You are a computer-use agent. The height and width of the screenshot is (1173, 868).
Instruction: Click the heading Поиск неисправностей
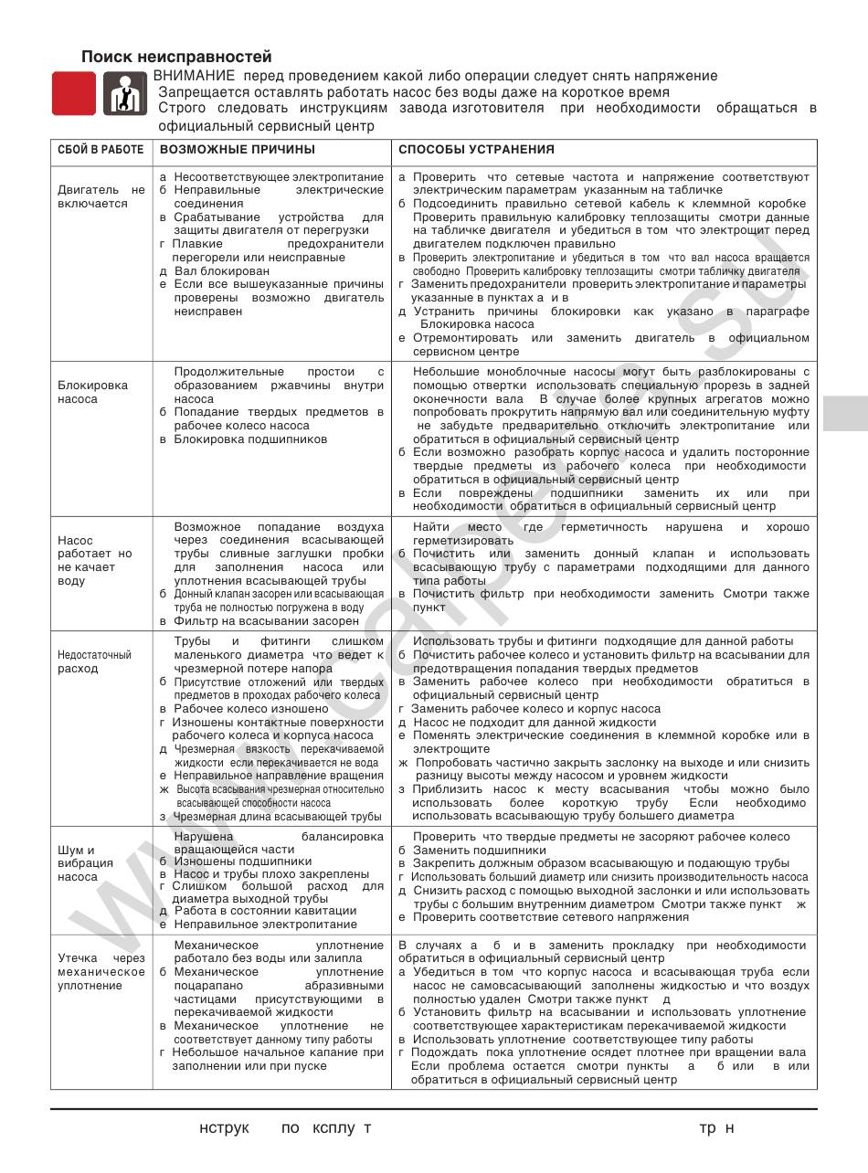click(176, 57)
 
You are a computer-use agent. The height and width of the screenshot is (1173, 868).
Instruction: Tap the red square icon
click(73, 93)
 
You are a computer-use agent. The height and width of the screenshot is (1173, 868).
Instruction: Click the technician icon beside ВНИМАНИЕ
click(124, 93)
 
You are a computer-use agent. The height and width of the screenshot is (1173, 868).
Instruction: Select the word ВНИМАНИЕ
click(194, 76)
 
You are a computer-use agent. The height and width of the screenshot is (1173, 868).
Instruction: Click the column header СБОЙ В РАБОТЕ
click(101, 150)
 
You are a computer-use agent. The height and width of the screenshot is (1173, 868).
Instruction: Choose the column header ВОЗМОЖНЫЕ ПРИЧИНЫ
click(238, 150)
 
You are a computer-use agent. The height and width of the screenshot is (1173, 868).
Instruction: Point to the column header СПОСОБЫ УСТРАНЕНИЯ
click(476, 150)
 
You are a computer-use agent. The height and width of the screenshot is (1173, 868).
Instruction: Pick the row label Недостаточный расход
click(95, 661)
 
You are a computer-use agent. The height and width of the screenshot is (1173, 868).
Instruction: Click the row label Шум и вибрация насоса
click(85, 863)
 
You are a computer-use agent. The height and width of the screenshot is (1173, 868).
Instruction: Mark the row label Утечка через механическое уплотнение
click(101, 972)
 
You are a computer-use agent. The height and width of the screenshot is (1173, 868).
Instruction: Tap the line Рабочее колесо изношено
click(250, 708)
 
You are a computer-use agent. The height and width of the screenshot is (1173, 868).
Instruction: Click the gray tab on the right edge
click(845, 413)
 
